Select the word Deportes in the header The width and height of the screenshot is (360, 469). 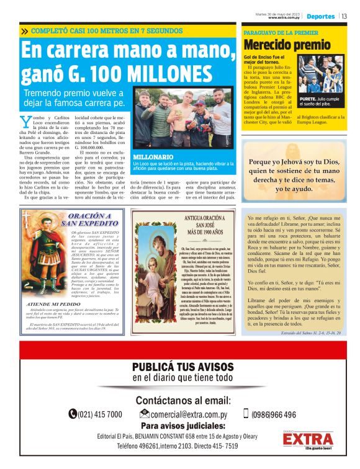pos(320,16)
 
